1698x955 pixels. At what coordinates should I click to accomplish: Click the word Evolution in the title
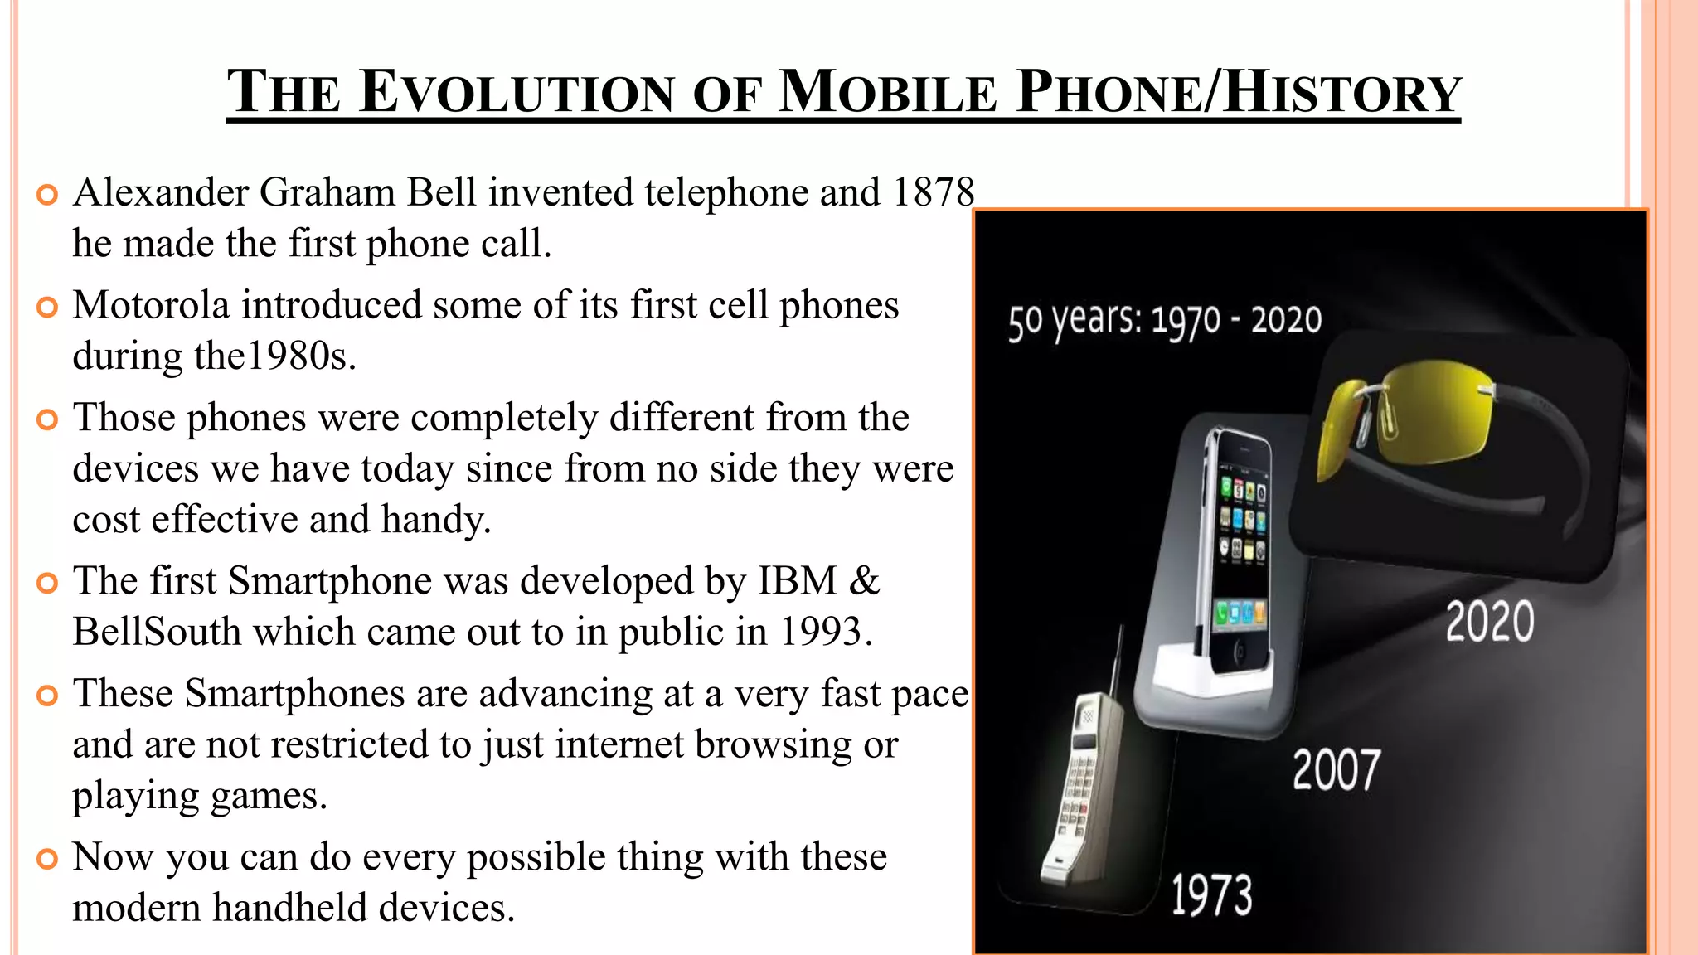tap(518, 92)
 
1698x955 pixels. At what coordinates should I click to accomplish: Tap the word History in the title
tap(1342, 92)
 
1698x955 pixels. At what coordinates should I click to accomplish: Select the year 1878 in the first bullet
tap(934, 192)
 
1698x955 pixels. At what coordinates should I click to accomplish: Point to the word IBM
tap(798, 580)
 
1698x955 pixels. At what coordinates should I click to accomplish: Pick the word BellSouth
tap(157, 632)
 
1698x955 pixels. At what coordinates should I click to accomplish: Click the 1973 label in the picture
tap(1211, 895)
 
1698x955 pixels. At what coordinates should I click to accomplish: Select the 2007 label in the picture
tap(1337, 769)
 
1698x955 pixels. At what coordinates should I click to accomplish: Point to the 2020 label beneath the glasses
tap(1490, 622)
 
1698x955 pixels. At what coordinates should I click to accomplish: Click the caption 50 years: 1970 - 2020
tap(1165, 321)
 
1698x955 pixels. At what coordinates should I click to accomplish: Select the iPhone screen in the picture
tap(1241, 547)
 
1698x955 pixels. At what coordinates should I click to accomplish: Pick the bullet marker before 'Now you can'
tap(48, 859)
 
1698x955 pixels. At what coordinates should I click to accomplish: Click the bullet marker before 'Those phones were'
tap(48, 419)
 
